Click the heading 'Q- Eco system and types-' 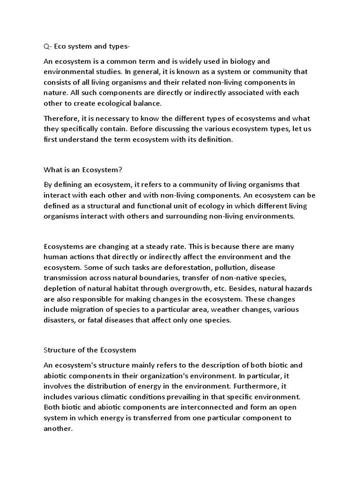83,46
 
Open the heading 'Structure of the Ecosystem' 90,350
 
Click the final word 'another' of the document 58,428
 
